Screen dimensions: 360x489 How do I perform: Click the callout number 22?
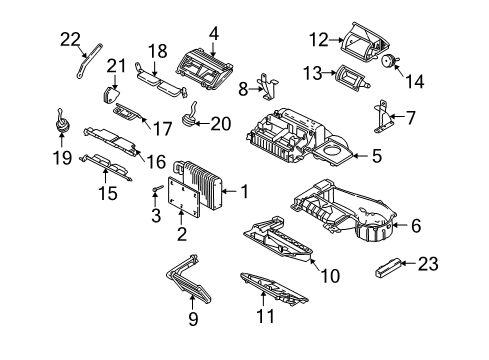pyautogui.click(x=70, y=39)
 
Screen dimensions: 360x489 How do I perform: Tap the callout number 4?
pyautogui.click(x=213, y=32)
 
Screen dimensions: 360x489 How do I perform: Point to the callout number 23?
pyautogui.click(x=456, y=265)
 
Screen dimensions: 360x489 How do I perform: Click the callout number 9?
pyautogui.click(x=194, y=320)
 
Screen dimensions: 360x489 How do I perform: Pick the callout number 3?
pyautogui.click(x=155, y=215)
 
